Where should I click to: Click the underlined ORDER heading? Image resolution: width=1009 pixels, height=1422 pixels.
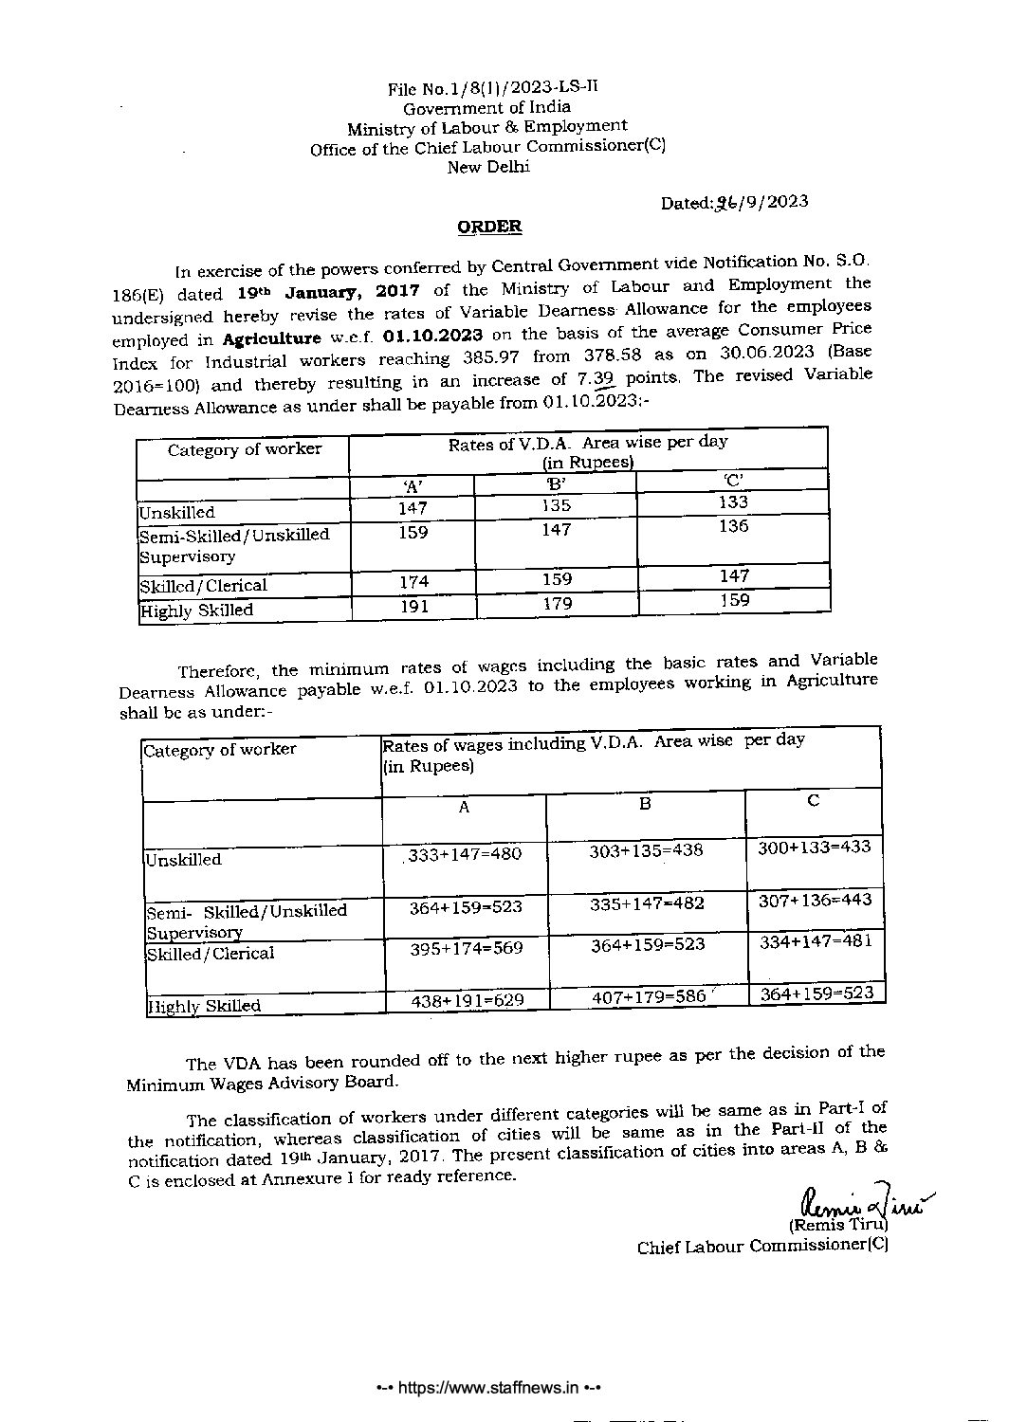pyautogui.click(x=489, y=227)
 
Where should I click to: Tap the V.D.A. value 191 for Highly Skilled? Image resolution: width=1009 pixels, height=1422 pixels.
pyautogui.click(x=413, y=607)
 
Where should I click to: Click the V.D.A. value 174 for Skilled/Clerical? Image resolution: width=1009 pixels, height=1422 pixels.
pyautogui.click(x=413, y=581)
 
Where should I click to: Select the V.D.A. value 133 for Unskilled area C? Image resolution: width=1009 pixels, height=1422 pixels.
pyautogui.click(x=733, y=502)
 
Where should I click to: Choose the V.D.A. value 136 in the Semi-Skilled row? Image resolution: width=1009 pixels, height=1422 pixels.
pyautogui.click(x=733, y=526)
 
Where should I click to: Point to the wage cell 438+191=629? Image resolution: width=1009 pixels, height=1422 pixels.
pyautogui.click(x=467, y=1000)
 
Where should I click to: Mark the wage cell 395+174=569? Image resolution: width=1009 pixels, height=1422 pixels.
pyautogui.click(x=466, y=948)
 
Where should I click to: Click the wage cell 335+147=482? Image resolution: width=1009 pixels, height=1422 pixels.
pyautogui.click(x=647, y=903)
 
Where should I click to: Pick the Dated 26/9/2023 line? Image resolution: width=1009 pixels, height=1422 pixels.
pyautogui.click(x=735, y=202)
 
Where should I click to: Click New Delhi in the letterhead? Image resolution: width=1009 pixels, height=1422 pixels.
pyautogui.click(x=488, y=168)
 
